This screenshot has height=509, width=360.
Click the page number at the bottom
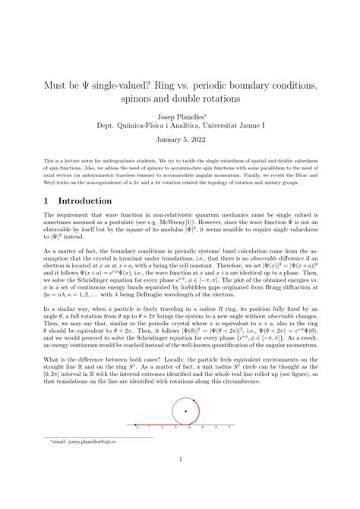pyautogui.click(x=180, y=482)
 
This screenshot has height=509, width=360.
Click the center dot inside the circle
pyautogui.click(x=186, y=411)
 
